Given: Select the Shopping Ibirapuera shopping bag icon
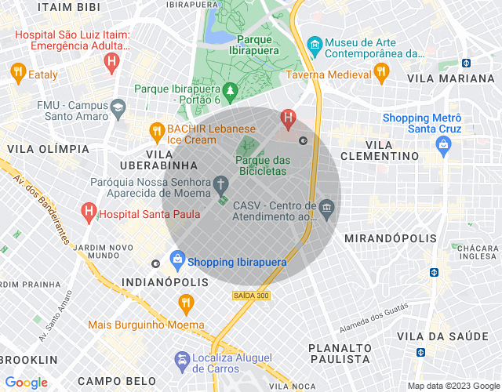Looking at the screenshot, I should pos(177,259).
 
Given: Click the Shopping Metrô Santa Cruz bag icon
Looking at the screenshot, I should pos(444,144).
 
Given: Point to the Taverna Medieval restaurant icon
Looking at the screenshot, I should pos(381,73).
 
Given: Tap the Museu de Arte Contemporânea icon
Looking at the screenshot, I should pos(315,44).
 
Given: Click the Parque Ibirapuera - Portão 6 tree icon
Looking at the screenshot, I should pos(230,92).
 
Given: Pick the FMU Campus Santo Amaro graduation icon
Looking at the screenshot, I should pos(118,107).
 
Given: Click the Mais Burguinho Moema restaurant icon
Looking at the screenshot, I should pos(185,303).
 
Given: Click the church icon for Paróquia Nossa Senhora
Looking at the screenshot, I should pos(222,186).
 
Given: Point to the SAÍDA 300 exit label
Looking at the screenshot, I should pos(250,296).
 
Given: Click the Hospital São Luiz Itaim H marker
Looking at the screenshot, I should pos(114,61).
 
